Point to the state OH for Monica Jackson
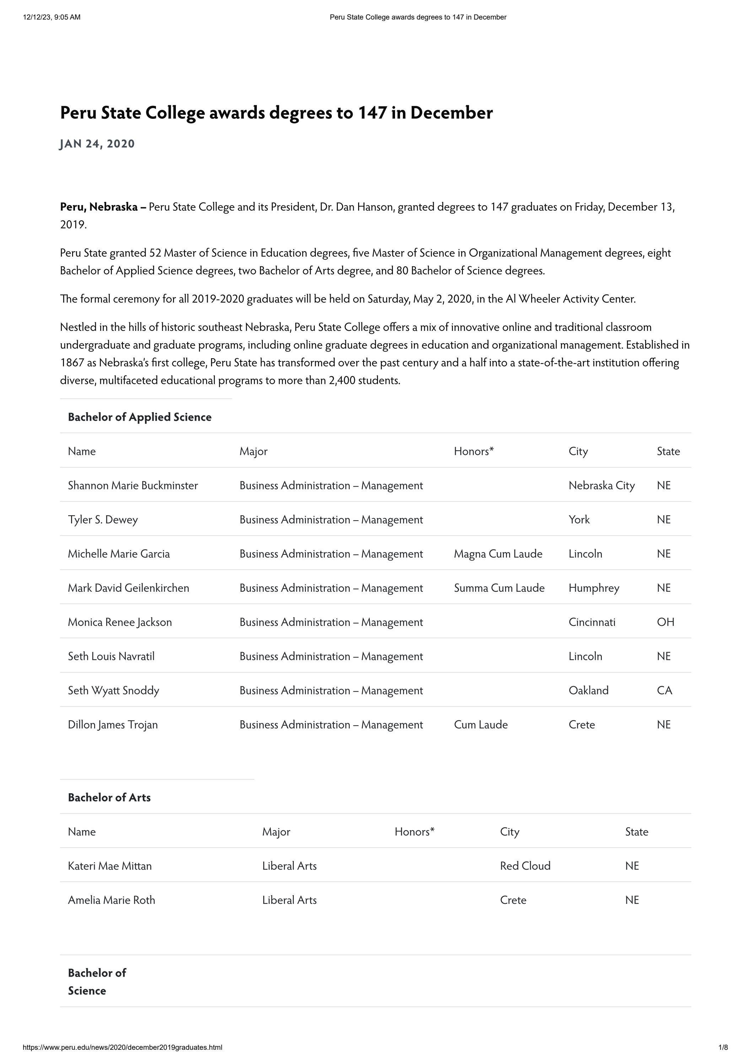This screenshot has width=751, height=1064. click(x=665, y=622)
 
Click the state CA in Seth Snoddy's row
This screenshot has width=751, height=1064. click(x=664, y=690)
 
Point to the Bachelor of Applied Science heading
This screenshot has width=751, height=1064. click(x=140, y=417)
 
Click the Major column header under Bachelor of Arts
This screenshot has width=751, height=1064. click(x=276, y=832)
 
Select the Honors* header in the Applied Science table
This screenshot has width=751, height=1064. click(x=474, y=451)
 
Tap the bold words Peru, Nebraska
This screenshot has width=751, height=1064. click(x=99, y=207)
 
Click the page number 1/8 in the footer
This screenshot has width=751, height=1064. click(x=723, y=1047)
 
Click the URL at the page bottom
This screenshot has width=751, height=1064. click(x=122, y=1047)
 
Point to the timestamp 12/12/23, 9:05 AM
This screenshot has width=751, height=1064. click(x=52, y=17)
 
